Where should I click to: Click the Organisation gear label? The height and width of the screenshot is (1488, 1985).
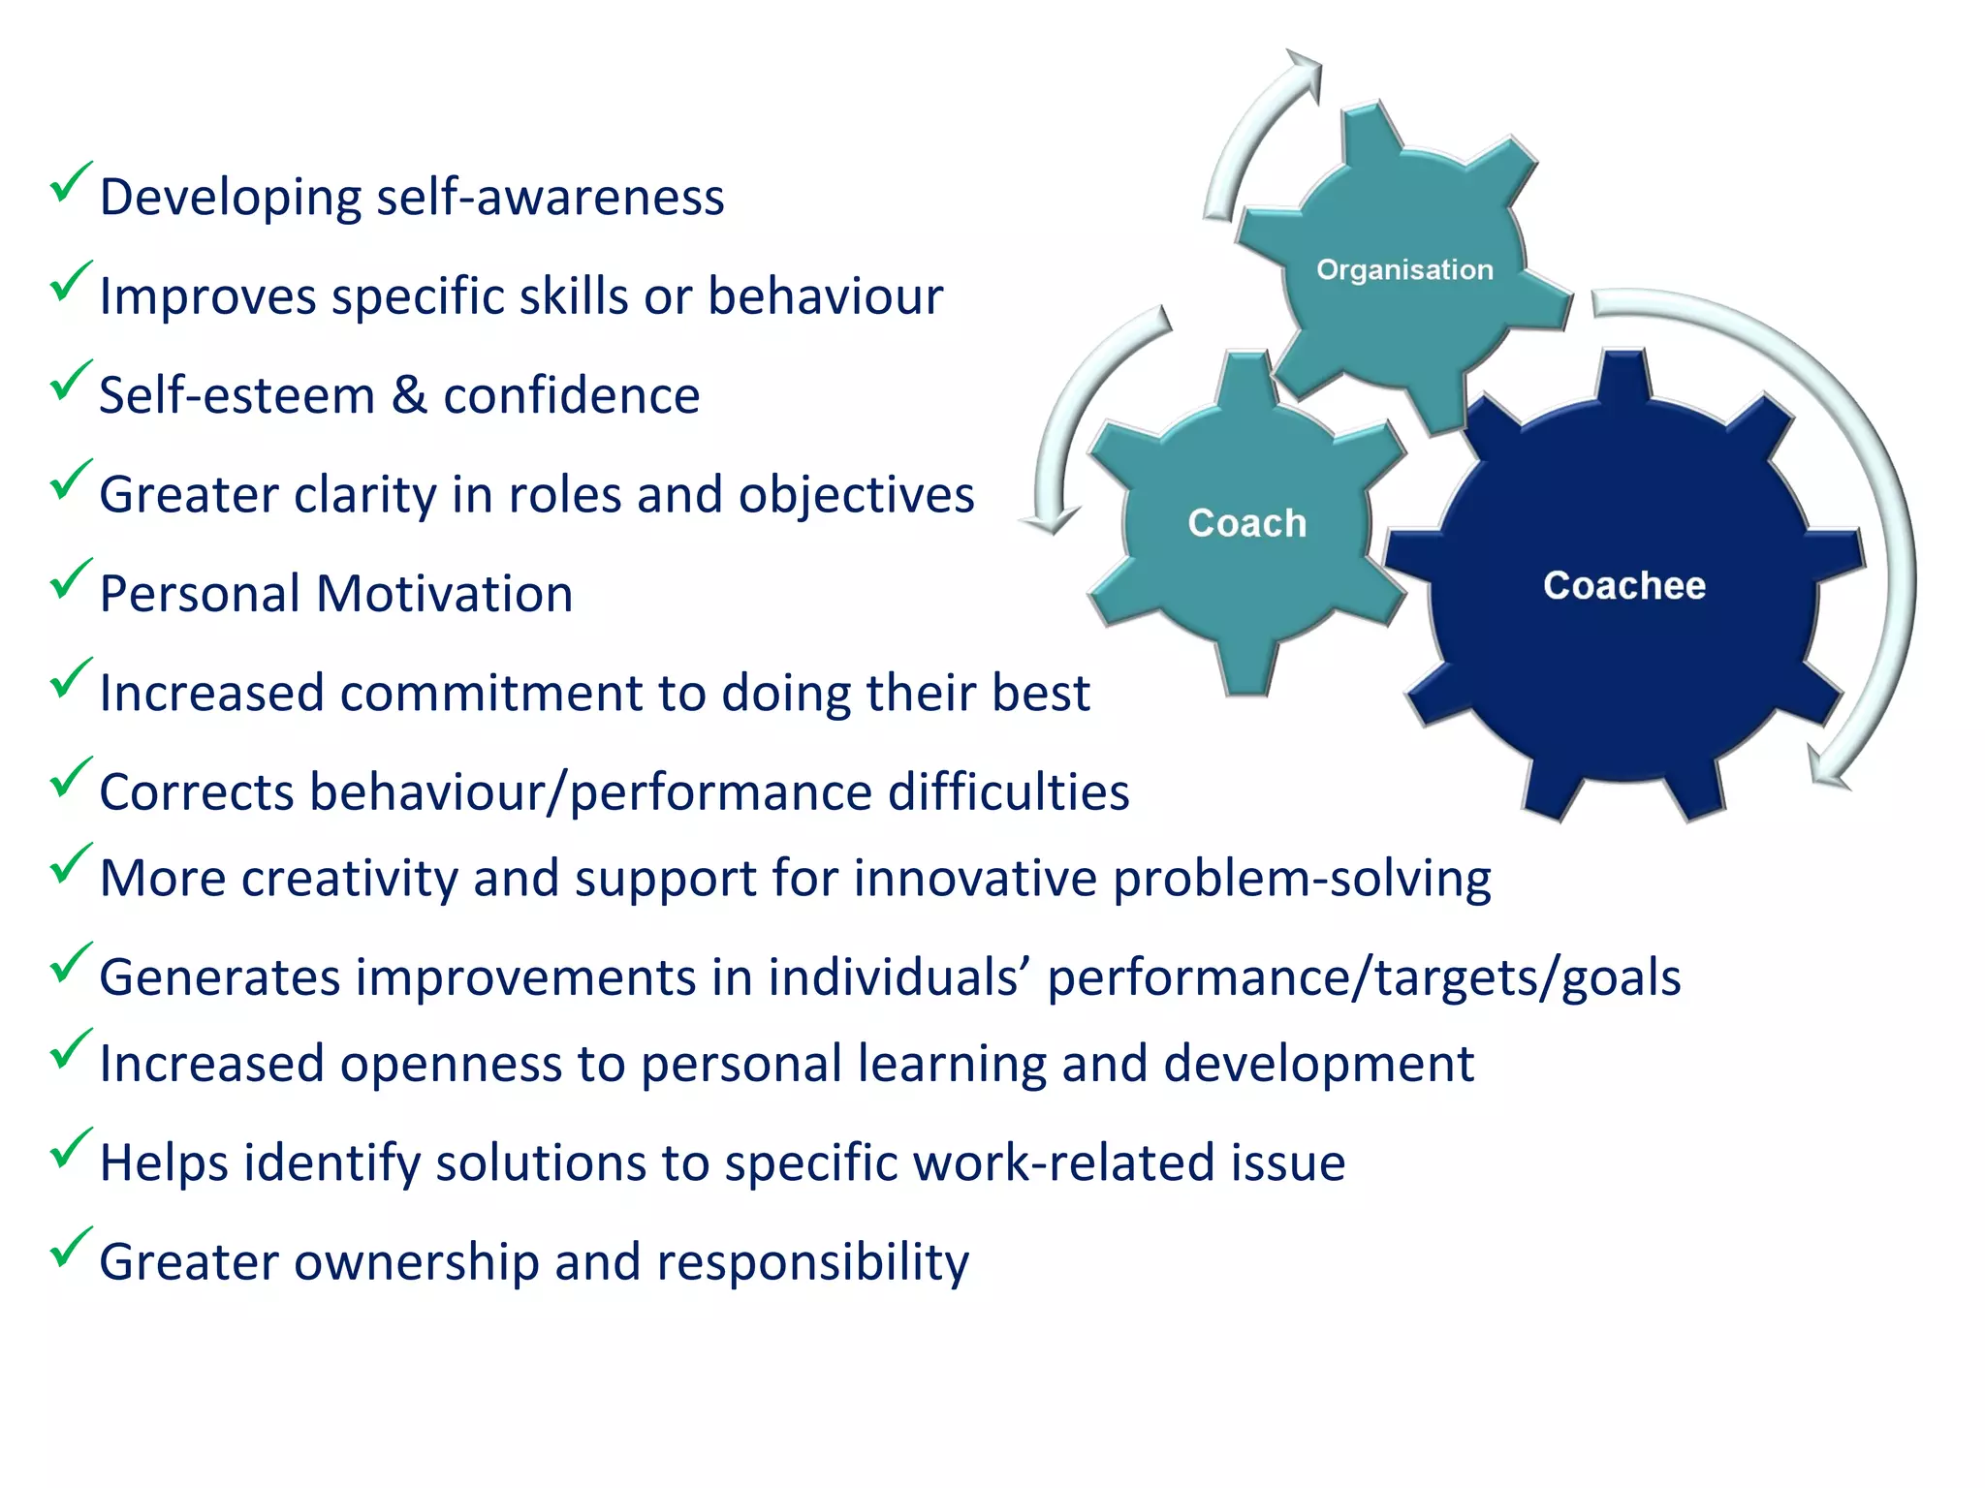pyautogui.click(x=1404, y=269)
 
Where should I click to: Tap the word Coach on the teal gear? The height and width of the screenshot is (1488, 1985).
pyautogui.click(x=1247, y=523)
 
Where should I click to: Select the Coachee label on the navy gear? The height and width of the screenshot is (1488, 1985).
pyautogui.click(x=1623, y=585)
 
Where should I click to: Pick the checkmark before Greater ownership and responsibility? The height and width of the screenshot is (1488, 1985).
pyautogui.click(x=70, y=1247)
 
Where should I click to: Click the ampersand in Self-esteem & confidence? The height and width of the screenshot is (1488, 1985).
pyautogui.click(x=409, y=395)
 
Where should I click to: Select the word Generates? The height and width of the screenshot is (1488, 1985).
pyautogui.click(x=219, y=977)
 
